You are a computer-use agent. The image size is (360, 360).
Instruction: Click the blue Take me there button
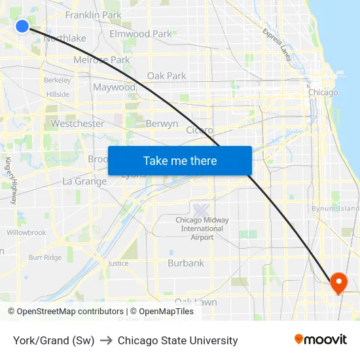179,161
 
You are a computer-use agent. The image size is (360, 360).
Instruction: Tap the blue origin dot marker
22,26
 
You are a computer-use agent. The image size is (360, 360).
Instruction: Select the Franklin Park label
94,14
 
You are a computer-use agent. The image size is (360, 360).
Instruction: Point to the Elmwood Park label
140,33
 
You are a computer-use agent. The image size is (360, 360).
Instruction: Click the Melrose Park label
101,60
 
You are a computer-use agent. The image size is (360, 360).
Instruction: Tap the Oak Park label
166,76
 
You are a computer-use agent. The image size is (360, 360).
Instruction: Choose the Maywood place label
114,87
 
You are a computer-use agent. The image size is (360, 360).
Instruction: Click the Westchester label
77,123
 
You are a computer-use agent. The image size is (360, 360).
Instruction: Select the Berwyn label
162,123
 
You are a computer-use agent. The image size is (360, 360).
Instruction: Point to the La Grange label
84,181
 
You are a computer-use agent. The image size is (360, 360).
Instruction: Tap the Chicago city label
323,92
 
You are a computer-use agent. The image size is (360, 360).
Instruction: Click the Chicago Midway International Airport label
202,228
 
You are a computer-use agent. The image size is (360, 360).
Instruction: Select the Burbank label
186,263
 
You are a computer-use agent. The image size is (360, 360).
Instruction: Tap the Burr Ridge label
45,258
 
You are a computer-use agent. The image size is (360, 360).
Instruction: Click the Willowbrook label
26,232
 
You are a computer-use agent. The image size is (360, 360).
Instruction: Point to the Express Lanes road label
277,44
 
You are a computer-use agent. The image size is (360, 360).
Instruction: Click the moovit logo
321,340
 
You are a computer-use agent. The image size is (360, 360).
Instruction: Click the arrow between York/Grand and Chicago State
106,340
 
